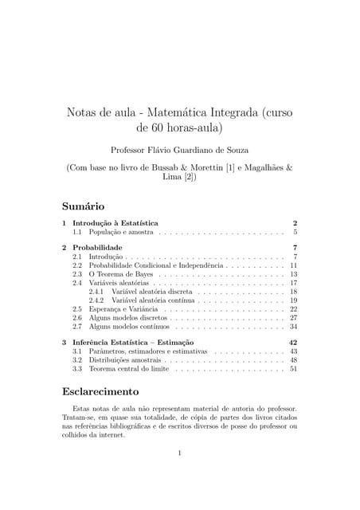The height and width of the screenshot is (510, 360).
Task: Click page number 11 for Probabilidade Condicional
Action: tap(293, 265)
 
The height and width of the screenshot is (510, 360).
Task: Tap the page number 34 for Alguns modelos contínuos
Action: tap(293, 327)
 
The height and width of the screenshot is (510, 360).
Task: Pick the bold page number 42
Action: tap(292, 342)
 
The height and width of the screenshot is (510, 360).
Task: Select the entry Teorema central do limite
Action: tap(129, 369)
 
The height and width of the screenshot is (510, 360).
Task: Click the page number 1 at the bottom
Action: tap(181, 453)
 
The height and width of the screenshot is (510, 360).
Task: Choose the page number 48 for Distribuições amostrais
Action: tap(293, 360)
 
